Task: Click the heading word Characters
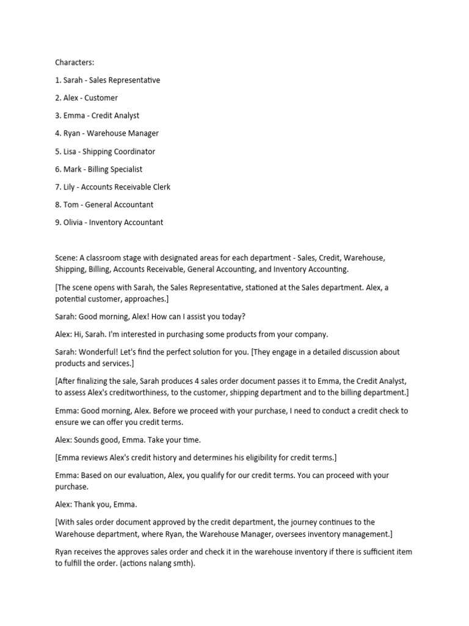(75, 62)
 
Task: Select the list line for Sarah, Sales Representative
(107, 80)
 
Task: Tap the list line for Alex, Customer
(86, 98)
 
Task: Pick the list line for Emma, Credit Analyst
(97, 116)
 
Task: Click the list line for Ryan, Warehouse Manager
(107, 133)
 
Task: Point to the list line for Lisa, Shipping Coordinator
(105, 152)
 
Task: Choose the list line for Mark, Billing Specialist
(98, 169)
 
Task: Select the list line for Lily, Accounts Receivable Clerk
(113, 187)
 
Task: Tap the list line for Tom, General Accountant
(104, 205)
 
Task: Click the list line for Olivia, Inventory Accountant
(109, 223)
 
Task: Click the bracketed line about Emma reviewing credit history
(195, 457)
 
